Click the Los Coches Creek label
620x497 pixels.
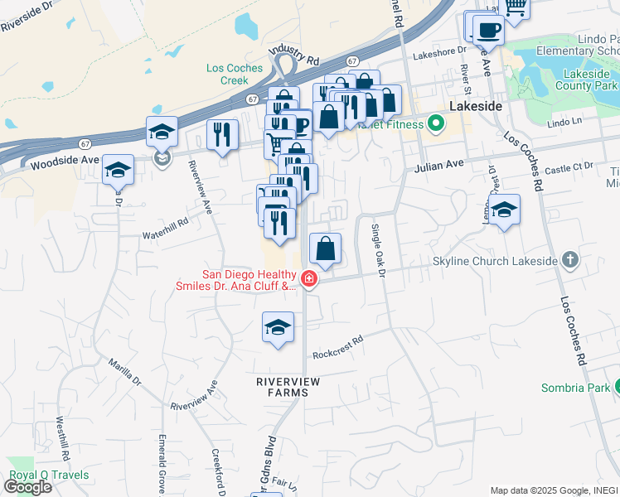pos(227,75)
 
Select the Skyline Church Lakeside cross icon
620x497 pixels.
pos(569,260)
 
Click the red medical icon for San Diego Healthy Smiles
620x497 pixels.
pos(308,279)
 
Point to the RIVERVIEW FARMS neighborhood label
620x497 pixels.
pos(287,386)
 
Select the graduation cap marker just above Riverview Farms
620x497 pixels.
pos(278,326)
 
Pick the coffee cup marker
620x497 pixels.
pos(489,30)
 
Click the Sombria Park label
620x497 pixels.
pos(576,387)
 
